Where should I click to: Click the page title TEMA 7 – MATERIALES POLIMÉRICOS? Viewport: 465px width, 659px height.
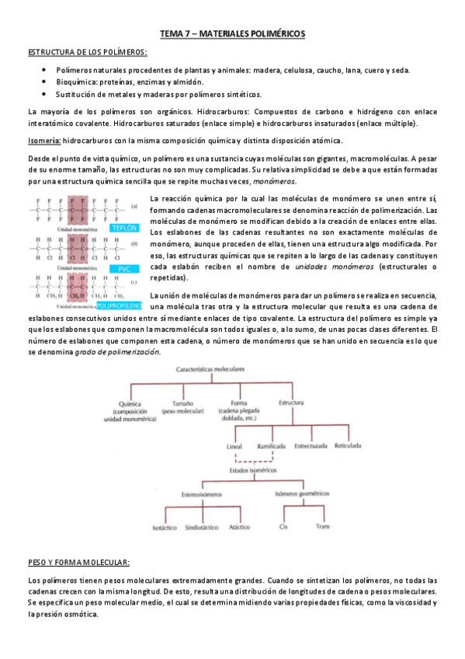[x=233, y=33]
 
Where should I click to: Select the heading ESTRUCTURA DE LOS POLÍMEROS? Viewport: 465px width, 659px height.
[x=88, y=51]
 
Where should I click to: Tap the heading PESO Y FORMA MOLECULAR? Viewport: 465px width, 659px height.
[x=78, y=562]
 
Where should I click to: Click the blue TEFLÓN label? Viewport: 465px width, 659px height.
[x=125, y=228]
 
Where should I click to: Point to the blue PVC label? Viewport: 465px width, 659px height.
[x=124, y=268]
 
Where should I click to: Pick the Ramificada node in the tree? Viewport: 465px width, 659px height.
[x=270, y=447]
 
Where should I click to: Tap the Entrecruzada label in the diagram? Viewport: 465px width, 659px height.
[x=314, y=447]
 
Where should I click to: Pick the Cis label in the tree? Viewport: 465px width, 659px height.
[x=283, y=527]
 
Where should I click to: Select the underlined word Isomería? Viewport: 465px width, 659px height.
[x=43, y=140]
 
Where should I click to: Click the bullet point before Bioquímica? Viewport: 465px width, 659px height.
[x=43, y=82]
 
